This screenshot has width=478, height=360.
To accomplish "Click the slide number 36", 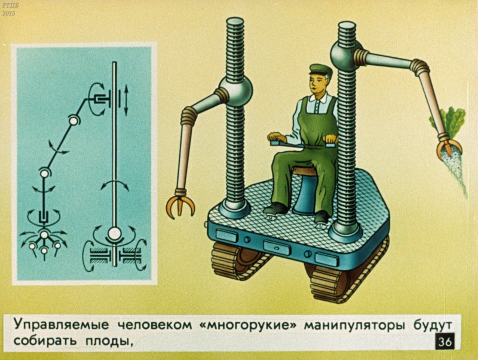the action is (x=445, y=341).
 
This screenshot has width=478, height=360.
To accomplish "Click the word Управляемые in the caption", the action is (x=62, y=325).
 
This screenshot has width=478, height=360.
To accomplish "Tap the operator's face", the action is (x=317, y=84).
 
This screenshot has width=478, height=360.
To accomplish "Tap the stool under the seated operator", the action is (x=305, y=189).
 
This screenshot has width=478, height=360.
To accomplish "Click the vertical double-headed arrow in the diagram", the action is (x=126, y=100).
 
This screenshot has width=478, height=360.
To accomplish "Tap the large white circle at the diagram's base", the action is (x=114, y=234).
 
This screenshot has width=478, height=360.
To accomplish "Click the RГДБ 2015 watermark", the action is (x=8, y=8).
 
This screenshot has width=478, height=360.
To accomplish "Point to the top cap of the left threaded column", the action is (x=235, y=22).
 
